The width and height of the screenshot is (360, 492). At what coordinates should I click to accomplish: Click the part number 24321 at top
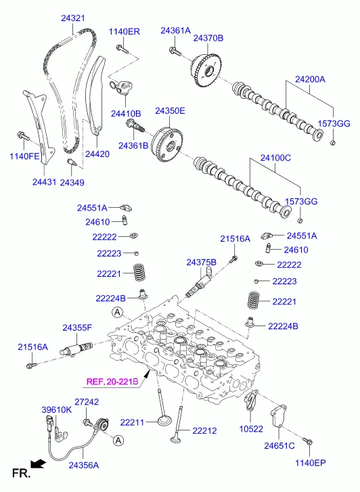click(x=73, y=18)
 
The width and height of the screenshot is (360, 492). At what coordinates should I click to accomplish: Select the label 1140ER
click(x=125, y=32)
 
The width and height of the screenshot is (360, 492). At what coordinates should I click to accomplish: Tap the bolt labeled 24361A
click(x=175, y=51)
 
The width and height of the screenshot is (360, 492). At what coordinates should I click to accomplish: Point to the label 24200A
click(x=310, y=79)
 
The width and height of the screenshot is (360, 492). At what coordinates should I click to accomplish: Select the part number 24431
click(x=44, y=182)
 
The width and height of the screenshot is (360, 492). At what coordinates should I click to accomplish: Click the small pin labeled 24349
click(x=71, y=162)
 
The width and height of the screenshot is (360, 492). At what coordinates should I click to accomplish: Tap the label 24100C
click(x=275, y=158)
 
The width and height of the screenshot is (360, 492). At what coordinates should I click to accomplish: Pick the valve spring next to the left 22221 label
click(x=139, y=272)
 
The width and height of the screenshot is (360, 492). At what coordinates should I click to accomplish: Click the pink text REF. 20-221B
click(x=112, y=382)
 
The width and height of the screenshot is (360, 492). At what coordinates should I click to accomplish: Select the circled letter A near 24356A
click(x=118, y=441)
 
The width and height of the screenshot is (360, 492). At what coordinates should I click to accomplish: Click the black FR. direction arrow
click(x=39, y=464)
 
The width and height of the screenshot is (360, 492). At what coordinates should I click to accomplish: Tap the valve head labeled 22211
click(x=164, y=420)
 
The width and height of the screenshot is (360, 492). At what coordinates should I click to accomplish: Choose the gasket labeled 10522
click(x=251, y=401)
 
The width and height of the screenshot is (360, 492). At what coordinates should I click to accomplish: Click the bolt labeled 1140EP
click(x=308, y=441)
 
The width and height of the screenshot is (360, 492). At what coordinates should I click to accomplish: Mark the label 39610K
click(x=57, y=410)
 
